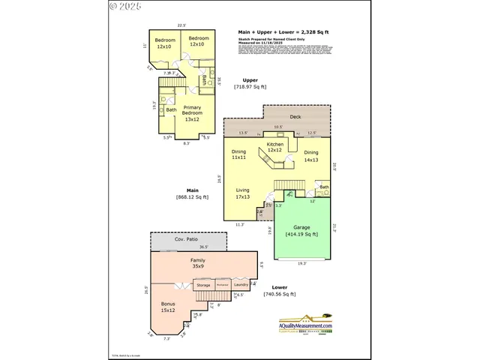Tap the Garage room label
point(301,226)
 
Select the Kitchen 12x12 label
point(275,147)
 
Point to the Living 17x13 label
point(242,193)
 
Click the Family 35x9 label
point(197,262)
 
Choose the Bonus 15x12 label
point(167,307)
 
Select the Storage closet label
point(203,285)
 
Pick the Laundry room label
point(241,285)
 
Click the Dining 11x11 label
point(239,155)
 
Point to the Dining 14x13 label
point(311,156)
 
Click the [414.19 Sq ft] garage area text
point(301,234)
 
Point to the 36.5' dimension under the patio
point(203,247)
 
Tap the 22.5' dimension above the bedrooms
point(181,25)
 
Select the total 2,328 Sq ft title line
point(283,33)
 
